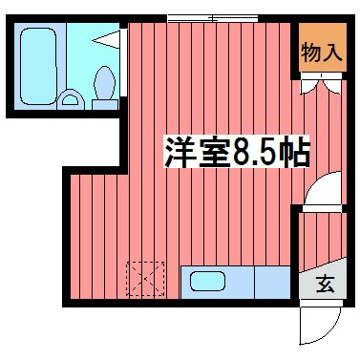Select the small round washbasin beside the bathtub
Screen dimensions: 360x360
click(70, 96)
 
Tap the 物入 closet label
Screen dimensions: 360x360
click(321, 53)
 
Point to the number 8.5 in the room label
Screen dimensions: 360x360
click(252, 152)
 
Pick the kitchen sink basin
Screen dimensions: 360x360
click(205, 282)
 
